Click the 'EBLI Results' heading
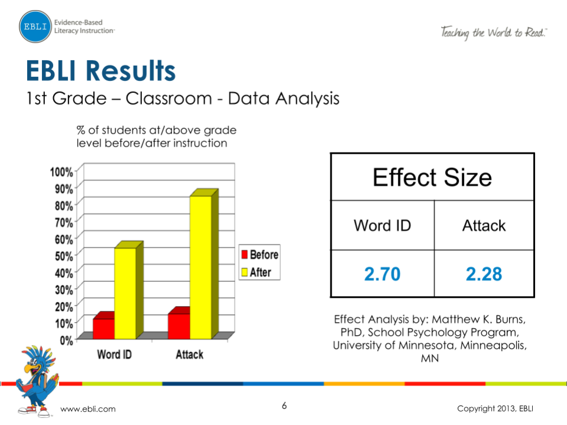pyautogui.click(x=101, y=71)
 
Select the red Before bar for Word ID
pyautogui.click(x=103, y=327)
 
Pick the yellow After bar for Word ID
pyautogui.click(x=125, y=292)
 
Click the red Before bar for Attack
pyautogui.click(x=179, y=326)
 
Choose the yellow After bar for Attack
pyautogui.click(x=200, y=266)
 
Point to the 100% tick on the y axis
pyautogui.click(x=61, y=172)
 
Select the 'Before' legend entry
pyautogui.click(x=259, y=255)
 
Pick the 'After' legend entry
pyautogui.click(x=257, y=272)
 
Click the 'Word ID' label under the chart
pyautogui.click(x=115, y=355)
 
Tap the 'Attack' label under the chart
pyautogui.click(x=190, y=355)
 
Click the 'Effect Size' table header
pyautogui.click(x=432, y=177)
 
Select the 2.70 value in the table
pyautogui.click(x=382, y=274)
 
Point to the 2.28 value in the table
pyautogui.click(x=484, y=274)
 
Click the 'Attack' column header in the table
pyautogui.click(x=484, y=226)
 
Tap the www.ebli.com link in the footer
pyautogui.click(x=89, y=409)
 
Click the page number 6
pyautogui.click(x=284, y=406)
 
